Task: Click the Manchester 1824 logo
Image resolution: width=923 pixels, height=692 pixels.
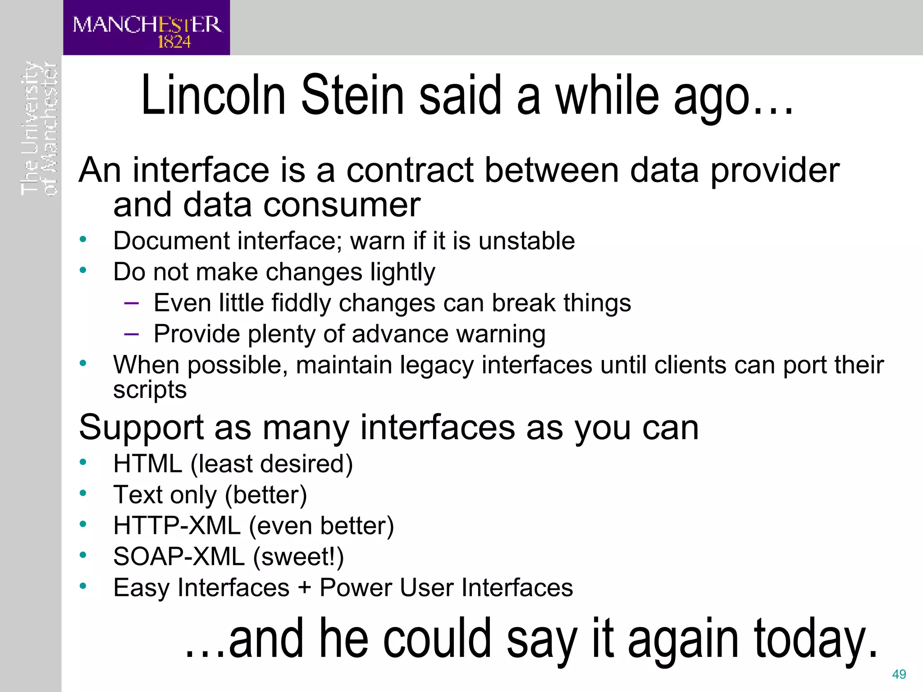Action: point(146,28)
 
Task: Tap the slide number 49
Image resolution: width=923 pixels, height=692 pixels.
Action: point(899,674)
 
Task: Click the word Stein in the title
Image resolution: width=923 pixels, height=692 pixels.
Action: point(352,96)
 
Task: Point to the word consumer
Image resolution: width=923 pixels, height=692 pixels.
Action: point(342,205)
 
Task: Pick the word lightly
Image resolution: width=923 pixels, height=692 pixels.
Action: point(402,272)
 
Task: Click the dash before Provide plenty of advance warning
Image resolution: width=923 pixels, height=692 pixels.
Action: point(131,334)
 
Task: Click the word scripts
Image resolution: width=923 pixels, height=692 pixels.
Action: point(150,390)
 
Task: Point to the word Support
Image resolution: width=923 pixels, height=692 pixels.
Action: point(142,427)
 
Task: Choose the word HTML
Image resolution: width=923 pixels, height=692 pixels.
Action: point(147,464)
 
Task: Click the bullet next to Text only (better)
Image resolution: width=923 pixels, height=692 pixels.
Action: point(83,493)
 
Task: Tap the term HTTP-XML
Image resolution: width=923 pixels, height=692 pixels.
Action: point(177,526)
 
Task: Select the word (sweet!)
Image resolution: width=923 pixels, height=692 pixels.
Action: point(298,557)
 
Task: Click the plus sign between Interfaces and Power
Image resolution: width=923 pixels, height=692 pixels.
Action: point(305,588)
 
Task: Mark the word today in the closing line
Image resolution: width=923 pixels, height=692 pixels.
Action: point(816,639)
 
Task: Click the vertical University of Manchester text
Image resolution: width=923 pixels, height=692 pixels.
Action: point(39,128)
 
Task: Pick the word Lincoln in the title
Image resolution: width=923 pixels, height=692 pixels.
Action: point(214,96)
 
